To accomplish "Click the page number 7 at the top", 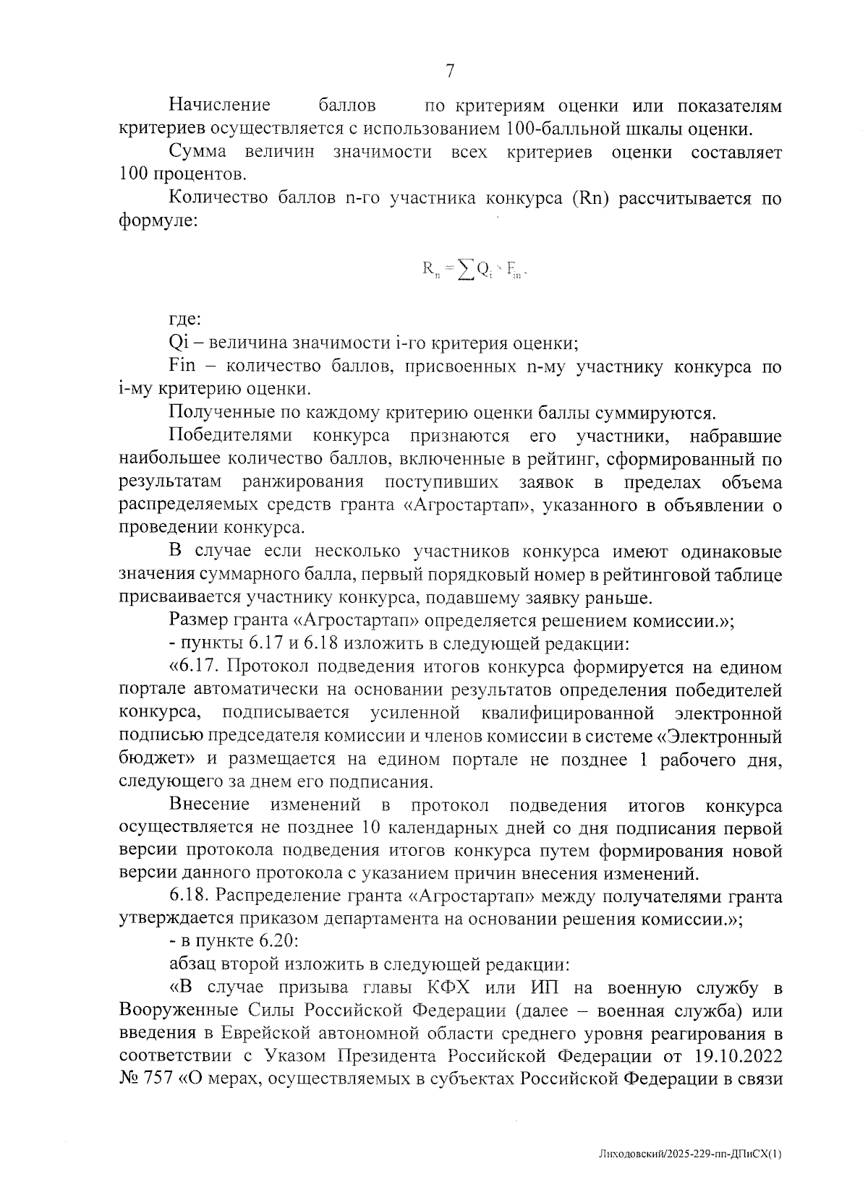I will [449, 70].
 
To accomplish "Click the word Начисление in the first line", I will [219, 106].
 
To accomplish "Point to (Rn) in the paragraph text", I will [587, 199].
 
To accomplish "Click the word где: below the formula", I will [184, 319].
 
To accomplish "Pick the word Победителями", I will [231, 436].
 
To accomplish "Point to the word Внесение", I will [210, 805].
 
